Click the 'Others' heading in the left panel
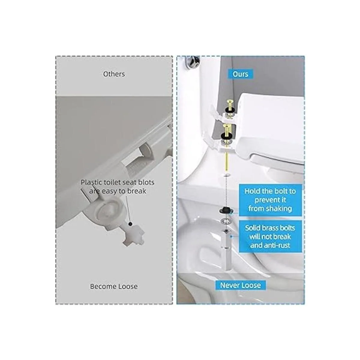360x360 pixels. coord(114,74)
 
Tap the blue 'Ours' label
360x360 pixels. coord(240,74)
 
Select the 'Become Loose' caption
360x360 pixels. coord(114,286)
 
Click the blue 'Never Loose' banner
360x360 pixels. coord(240,285)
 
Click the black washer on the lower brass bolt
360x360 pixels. coord(226,136)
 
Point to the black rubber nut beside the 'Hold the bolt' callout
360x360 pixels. coord(226,210)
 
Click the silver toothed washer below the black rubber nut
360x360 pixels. coord(226,222)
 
